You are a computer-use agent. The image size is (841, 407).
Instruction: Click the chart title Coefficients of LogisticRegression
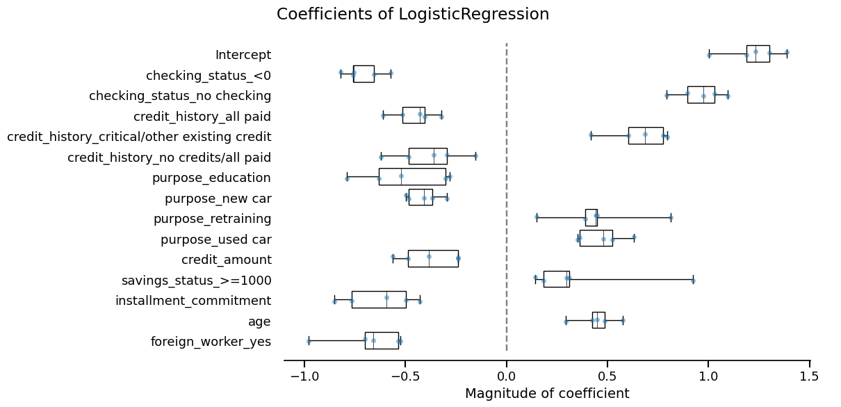click(x=413, y=15)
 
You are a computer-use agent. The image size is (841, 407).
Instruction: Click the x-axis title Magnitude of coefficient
click(x=547, y=394)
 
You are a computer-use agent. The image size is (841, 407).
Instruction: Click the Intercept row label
click(x=243, y=55)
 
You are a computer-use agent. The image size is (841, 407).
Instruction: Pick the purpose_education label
click(x=211, y=178)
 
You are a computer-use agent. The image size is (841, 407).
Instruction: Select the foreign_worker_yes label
click(x=211, y=342)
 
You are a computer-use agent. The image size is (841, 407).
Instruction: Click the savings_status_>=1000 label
click(x=196, y=281)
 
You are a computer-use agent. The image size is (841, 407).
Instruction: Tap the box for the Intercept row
click(x=758, y=53)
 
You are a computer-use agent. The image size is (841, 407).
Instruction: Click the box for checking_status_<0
click(x=364, y=74)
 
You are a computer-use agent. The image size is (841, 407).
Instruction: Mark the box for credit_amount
click(x=433, y=258)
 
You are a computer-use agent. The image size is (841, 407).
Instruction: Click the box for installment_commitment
click(x=379, y=299)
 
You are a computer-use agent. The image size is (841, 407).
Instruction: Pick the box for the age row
click(x=598, y=320)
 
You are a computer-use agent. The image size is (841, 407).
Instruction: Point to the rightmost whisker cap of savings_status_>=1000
click(x=693, y=280)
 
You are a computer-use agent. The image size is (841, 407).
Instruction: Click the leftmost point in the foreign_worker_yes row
click(x=309, y=341)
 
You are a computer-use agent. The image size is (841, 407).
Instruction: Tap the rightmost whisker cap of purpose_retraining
click(x=671, y=218)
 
